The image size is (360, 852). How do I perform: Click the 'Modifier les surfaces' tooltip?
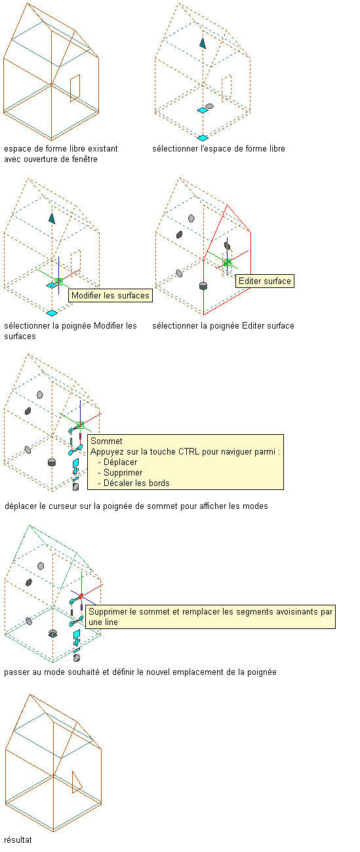coord(110,296)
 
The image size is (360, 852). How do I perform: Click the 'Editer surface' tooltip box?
coord(264,281)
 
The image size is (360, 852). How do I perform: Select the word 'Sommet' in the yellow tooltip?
coord(106,441)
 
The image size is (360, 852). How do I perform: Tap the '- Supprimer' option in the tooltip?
coord(120,473)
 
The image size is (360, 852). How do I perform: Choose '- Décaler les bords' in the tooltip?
coord(134,483)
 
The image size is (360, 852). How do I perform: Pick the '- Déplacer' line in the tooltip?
coord(117,462)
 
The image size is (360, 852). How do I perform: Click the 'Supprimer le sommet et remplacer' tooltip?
coord(210,617)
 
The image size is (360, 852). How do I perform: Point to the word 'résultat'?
coord(18,840)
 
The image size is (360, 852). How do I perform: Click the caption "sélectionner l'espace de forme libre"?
coord(218,149)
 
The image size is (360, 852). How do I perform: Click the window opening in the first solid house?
coord(75,89)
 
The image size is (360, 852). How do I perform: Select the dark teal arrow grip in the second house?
coord(203,43)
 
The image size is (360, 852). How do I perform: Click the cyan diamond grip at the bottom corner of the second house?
coord(203,138)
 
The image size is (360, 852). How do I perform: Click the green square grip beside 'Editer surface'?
coord(228,263)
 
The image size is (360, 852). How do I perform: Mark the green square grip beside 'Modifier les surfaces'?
coord(58,281)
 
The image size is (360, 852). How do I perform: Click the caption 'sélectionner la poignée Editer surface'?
coord(223,326)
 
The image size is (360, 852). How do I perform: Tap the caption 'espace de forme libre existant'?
coord(61,149)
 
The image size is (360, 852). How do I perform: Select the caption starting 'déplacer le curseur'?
coord(136,506)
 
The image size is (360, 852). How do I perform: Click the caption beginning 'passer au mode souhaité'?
coord(140,672)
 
